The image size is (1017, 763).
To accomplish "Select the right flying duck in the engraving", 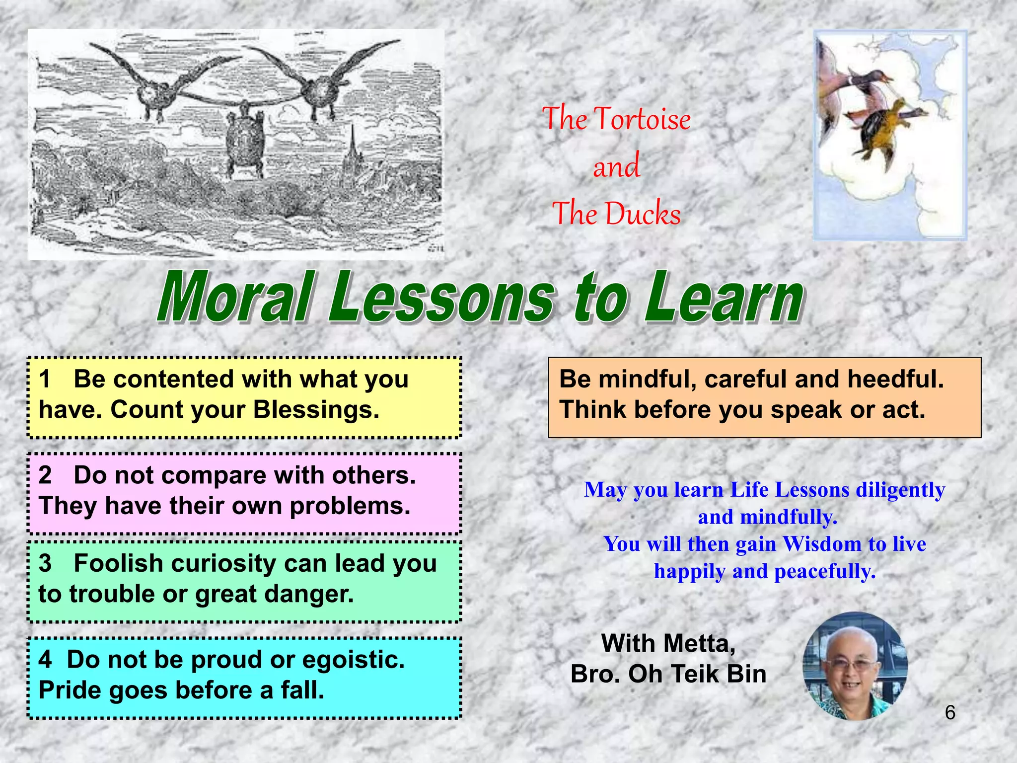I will coord(318,89).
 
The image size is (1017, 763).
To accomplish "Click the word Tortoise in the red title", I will coord(643,119).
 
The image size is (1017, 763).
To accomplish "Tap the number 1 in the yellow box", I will coord(45,380).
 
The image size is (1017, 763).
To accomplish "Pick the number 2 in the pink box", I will coord(45,475).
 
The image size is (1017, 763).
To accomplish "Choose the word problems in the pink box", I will coord(350,506).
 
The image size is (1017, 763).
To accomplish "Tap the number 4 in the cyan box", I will coord(45,660).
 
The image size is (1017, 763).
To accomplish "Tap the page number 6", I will coord(950,713).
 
